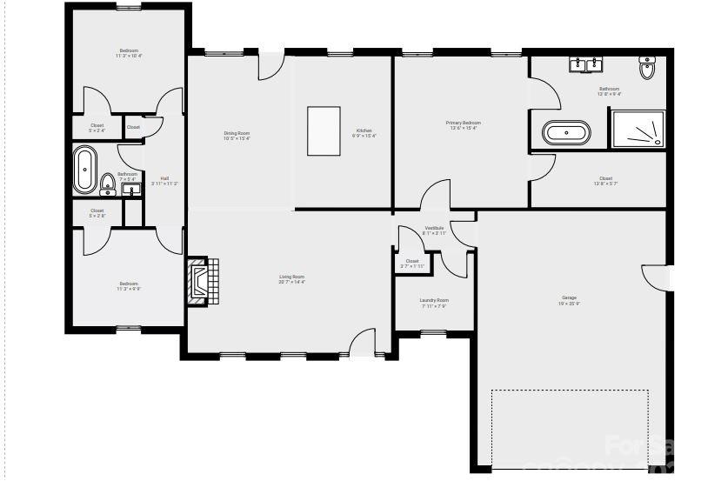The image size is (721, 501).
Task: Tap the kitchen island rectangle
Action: [x=324, y=130]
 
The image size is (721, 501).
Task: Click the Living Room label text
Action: [x=291, y=278]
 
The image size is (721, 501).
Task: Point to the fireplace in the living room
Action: [x=201, y=281]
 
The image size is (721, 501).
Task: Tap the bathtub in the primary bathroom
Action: [x=566, y=133]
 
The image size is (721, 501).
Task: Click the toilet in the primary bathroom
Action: [x=646, y=69]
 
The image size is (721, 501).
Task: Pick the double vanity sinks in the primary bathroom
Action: [x=585, y=64]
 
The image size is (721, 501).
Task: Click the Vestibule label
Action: [x=434, y=230]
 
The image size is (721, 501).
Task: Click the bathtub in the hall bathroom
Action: [x=84, y=170]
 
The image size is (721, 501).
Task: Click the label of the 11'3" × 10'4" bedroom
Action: [x=129, y=53]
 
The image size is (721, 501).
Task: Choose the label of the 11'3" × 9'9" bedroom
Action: [x=129, y=285]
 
